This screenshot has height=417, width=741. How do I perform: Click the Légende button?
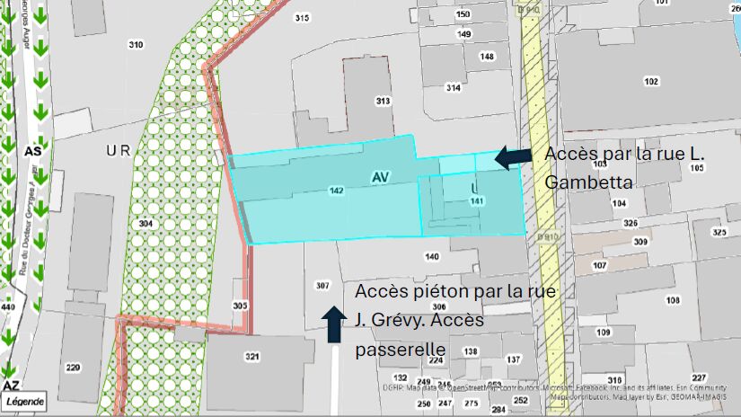tap(25, 402)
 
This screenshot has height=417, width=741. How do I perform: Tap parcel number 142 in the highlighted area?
tap(337, 191)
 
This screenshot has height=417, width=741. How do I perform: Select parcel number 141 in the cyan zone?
tap(477, 201)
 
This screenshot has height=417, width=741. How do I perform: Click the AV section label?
tap(380, 178)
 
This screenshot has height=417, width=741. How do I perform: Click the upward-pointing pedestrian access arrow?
tap(333, 324)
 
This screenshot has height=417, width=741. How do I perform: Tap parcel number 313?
tap(384, 101)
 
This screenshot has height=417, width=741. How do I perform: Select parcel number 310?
tap(137, 45)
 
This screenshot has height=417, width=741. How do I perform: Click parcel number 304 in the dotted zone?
tap(145, 223)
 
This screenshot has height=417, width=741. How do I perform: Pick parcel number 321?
tap(252, 357)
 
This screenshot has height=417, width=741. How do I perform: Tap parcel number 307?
tap(322, 286)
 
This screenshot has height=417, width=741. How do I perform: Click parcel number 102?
tap(651, 82)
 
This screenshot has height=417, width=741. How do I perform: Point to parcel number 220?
tap(73, 367)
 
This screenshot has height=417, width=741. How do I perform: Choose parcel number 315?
tap(302, 18)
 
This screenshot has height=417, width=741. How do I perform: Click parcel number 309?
tap(640, 242)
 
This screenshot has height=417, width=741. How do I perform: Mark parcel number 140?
tap(432, 257)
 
